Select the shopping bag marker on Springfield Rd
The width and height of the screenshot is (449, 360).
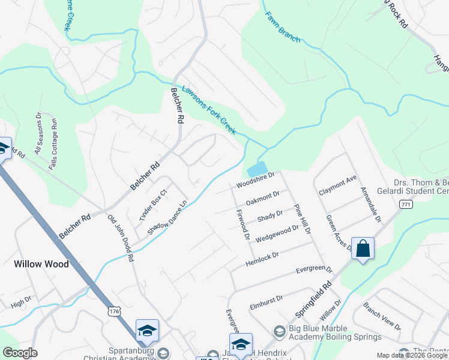pos(363,248)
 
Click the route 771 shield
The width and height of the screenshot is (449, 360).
pos(406,205)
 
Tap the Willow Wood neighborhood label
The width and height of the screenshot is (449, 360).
pos(41,263)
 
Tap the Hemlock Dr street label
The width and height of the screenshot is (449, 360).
pos(262,259)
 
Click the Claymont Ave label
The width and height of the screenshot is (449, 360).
pos(338,178)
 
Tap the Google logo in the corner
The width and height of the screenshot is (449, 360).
pos(20,353)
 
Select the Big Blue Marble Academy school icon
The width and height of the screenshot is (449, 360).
pos(279,331)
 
